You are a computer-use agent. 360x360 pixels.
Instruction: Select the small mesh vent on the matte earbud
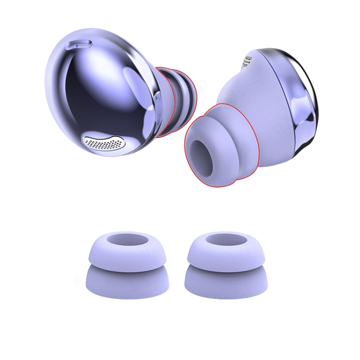tap(248, 61)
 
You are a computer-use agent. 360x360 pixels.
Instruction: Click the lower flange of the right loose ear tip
tap(225, 283)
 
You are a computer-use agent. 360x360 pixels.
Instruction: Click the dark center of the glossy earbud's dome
tap(91, 96)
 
